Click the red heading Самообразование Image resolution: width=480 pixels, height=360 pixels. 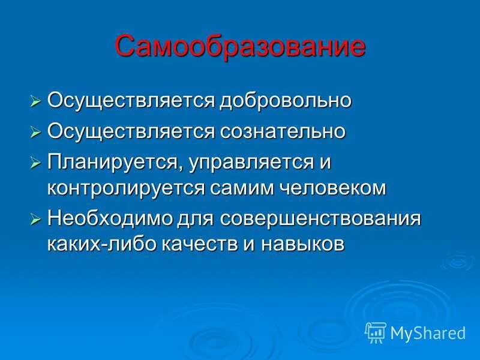coord(240,46)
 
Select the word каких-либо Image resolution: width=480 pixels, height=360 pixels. coord(98,244)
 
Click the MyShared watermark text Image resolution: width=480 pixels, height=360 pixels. coord(428,332)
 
